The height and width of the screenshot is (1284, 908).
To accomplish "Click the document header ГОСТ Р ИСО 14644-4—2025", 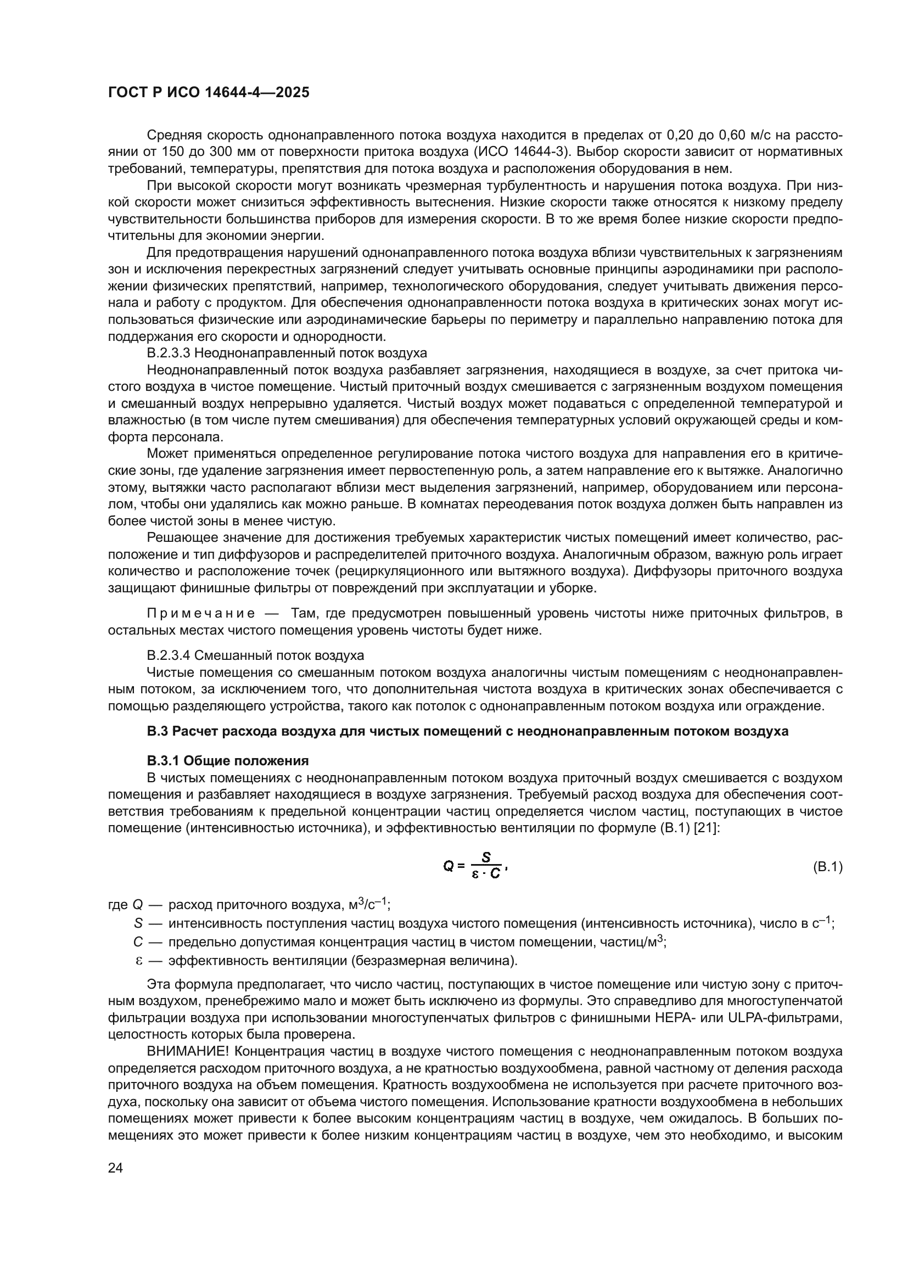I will pos(209,93).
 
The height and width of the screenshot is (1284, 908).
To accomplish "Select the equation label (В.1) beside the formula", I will pos(827,867).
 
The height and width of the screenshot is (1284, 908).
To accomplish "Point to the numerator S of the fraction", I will pos(486,857).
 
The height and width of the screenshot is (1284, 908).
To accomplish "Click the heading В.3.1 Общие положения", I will pos(228,760).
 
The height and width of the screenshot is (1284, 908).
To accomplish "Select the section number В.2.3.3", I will pos(169,354).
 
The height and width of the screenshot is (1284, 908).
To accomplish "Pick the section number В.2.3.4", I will pos(169,655).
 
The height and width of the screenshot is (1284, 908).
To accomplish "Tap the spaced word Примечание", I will pos(201,614).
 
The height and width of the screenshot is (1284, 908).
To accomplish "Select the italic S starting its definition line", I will pos(138,924).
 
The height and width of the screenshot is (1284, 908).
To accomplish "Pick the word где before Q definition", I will pos(118,905).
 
